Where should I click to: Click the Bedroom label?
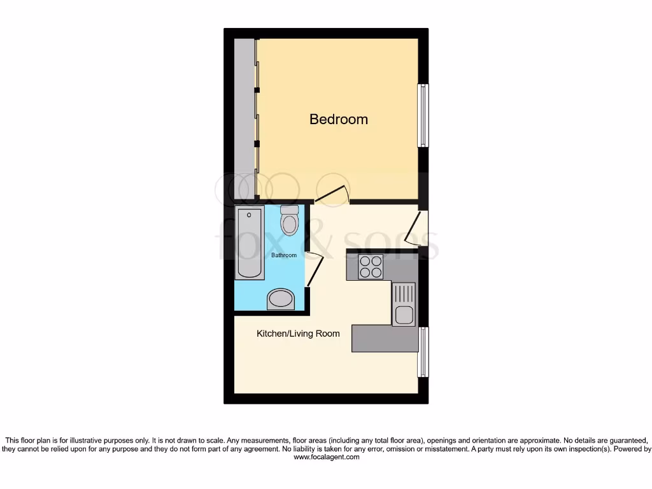click(x=338, y=119)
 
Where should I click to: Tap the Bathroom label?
click(x=284, y=255)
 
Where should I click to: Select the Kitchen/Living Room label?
click(x=298, y=334)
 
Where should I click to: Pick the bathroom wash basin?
click(x=281, y=299)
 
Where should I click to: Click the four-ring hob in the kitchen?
click(x=370, y=266)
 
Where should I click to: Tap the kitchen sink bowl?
click(x=404, y=315)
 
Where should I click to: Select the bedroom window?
click(x=422, y=115)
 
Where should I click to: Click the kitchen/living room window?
click(x=422, y=351)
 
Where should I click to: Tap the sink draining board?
click(x=404, y=294)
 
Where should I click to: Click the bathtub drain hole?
click(x=249, y=215)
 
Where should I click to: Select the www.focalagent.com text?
click(x=326, y=457)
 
